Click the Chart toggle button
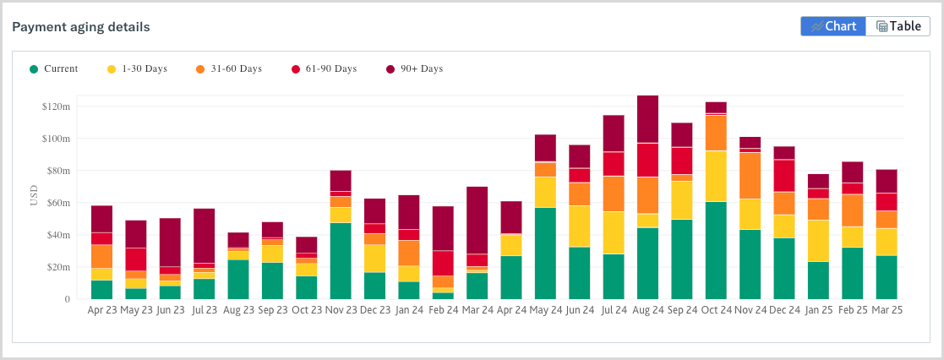tap(833, 26)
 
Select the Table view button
tap(898, 26)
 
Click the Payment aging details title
tap(81, 27)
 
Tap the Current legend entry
tap(54, 68)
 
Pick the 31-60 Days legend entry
tap(228, 68)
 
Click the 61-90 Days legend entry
tap(324, 68)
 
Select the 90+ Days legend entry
tap(414, 68)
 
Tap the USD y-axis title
tap(35, 195)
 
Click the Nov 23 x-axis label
tap(341, 310)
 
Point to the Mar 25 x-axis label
tap(886, 310)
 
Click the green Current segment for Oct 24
tap(716, 250)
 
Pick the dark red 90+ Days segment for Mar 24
tap(477, 220)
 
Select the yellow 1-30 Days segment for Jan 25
tap(818, 240)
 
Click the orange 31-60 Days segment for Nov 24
tap(750, 175)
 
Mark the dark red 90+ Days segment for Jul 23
tap(204, 235)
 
